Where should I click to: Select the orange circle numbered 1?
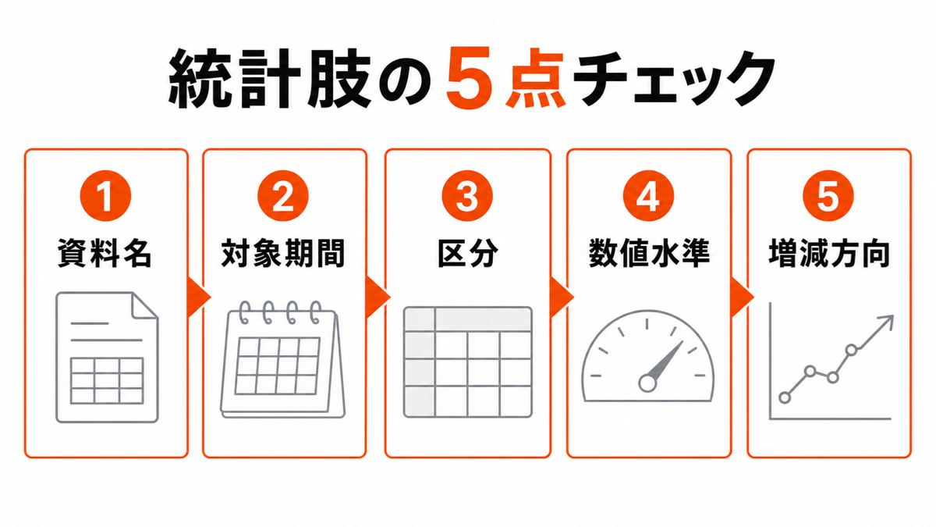(105, 196)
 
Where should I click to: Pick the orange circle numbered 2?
(283, 196)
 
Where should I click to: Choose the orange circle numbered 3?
(467, 196)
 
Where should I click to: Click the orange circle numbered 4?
(648, 196)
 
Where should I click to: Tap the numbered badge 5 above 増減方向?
(828, 196)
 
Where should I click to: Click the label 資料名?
(105, 253)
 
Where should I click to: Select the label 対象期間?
(283, 253)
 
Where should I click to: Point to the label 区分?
(467, 253)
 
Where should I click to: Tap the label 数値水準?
(649, 253)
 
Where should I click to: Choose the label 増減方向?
(829, 253)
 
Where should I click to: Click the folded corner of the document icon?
(144, 305)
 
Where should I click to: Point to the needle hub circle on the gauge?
(647, 383)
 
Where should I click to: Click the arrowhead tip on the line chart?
(892, 316)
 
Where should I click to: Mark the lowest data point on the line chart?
(785, 397)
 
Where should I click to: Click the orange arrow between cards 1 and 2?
(197, 297)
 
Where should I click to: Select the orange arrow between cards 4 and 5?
(742, 297)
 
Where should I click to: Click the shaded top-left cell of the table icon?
(420, 319)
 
